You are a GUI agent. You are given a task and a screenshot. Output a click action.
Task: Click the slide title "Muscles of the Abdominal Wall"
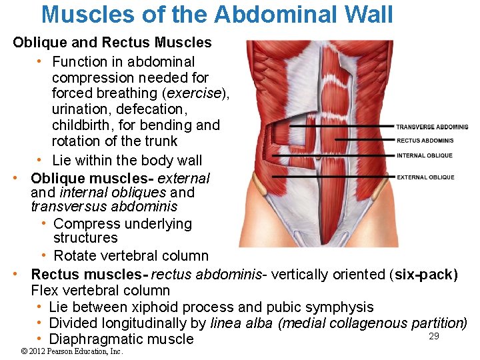217,14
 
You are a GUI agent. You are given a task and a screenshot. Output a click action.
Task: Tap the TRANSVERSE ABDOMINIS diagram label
432,127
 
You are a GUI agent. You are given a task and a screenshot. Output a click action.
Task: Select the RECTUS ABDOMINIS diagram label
425,141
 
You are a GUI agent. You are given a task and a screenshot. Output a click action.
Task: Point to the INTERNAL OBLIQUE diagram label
424,155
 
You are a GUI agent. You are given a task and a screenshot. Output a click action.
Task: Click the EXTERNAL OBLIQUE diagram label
425,177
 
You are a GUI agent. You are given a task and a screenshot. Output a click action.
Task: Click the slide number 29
434,336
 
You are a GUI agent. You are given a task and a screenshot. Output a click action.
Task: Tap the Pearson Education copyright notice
73,351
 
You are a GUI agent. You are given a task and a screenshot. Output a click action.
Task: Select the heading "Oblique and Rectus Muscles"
112,43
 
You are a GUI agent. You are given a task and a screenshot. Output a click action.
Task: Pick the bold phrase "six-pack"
424,275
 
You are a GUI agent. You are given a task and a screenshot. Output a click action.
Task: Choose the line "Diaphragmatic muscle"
121,339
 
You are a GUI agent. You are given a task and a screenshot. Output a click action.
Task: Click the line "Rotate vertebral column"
131,255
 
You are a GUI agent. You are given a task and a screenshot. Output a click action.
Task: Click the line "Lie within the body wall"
127,160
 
